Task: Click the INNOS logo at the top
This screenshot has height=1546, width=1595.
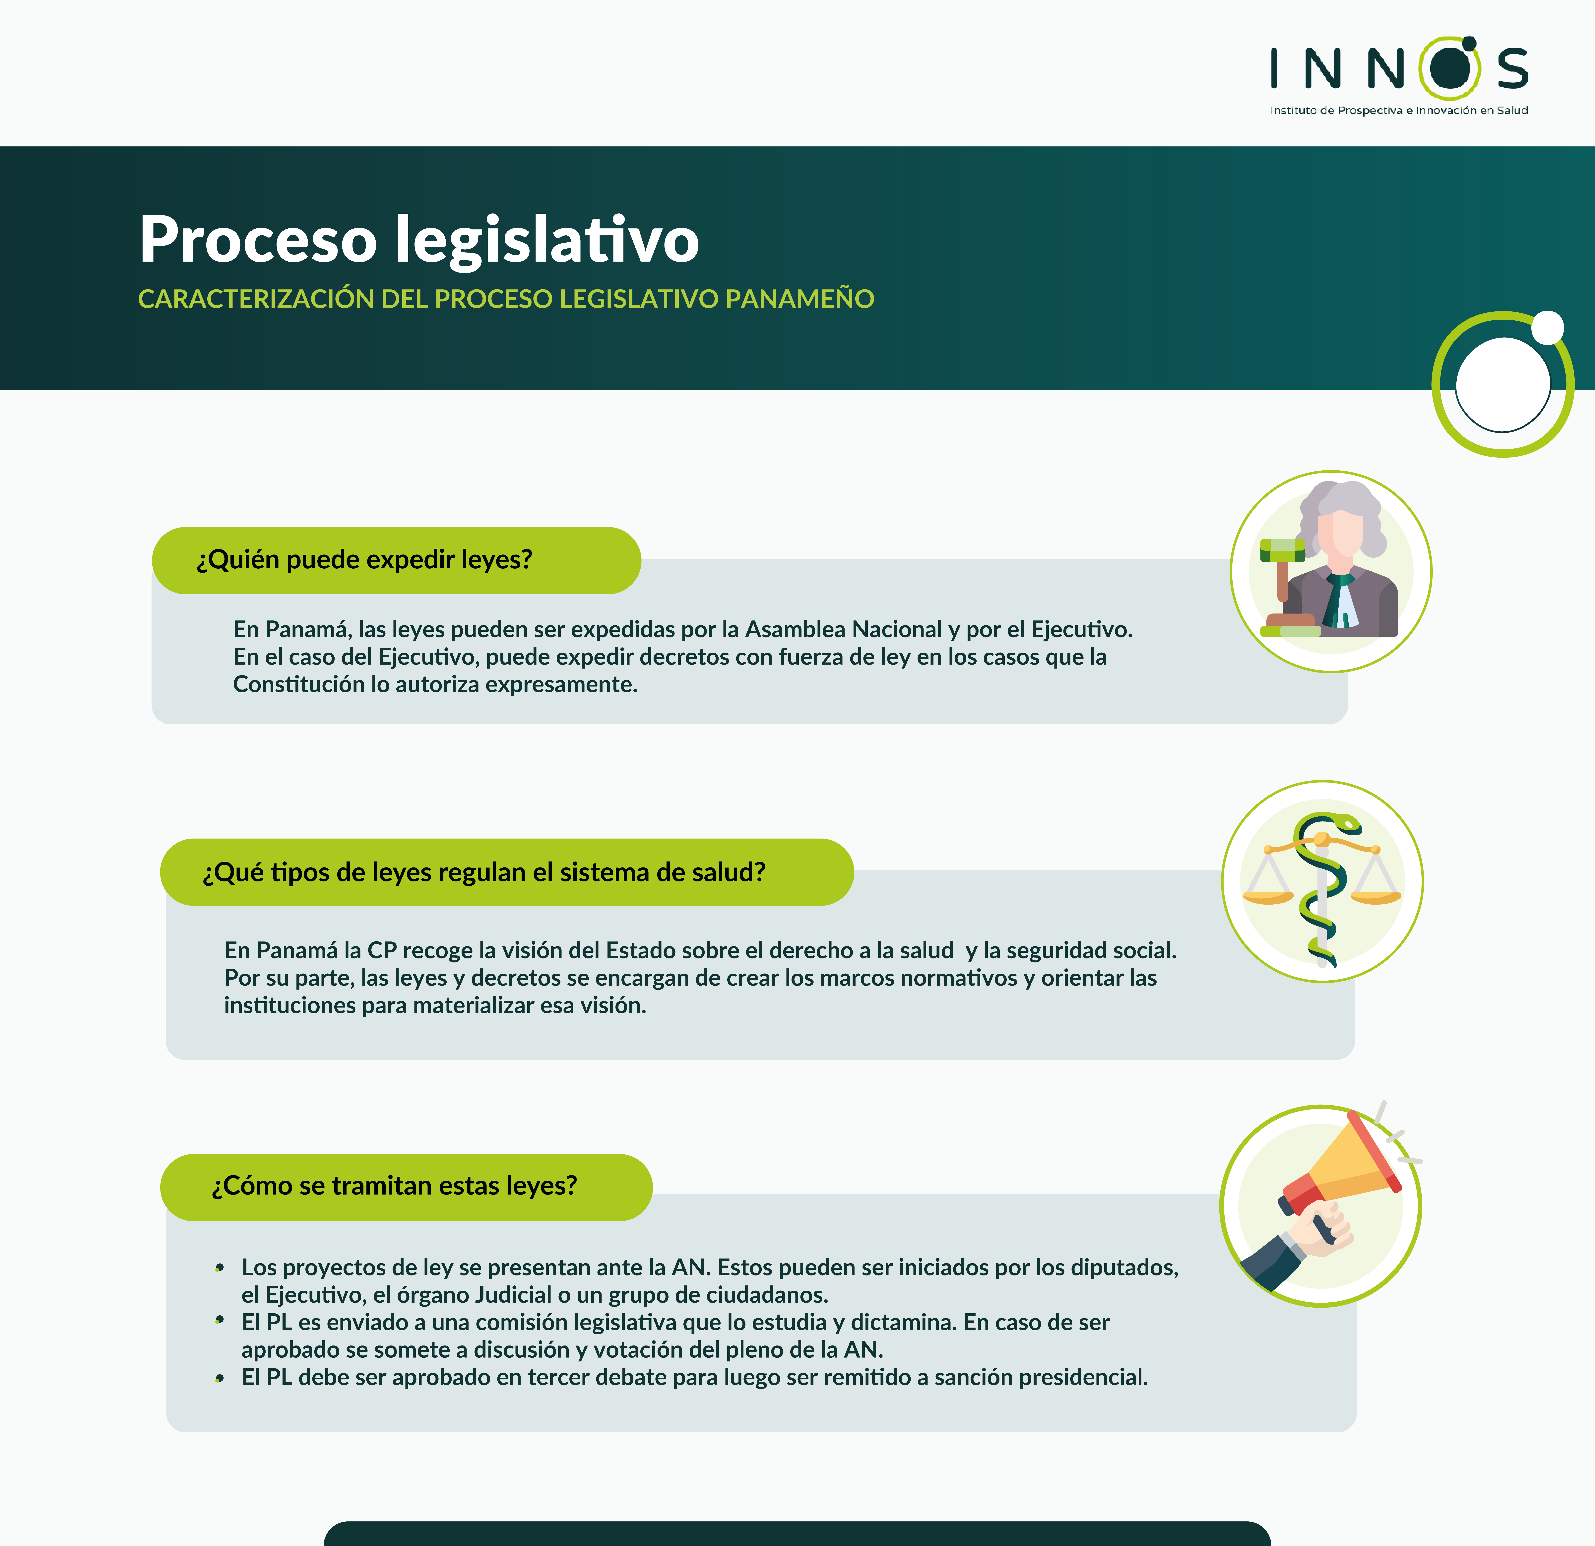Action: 1399,76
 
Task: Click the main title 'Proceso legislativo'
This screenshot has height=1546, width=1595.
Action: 419,239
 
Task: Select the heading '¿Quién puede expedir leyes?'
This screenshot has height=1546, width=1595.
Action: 365,560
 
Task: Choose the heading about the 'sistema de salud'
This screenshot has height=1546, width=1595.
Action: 484,873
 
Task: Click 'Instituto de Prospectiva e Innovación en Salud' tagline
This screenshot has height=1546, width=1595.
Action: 1399,111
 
